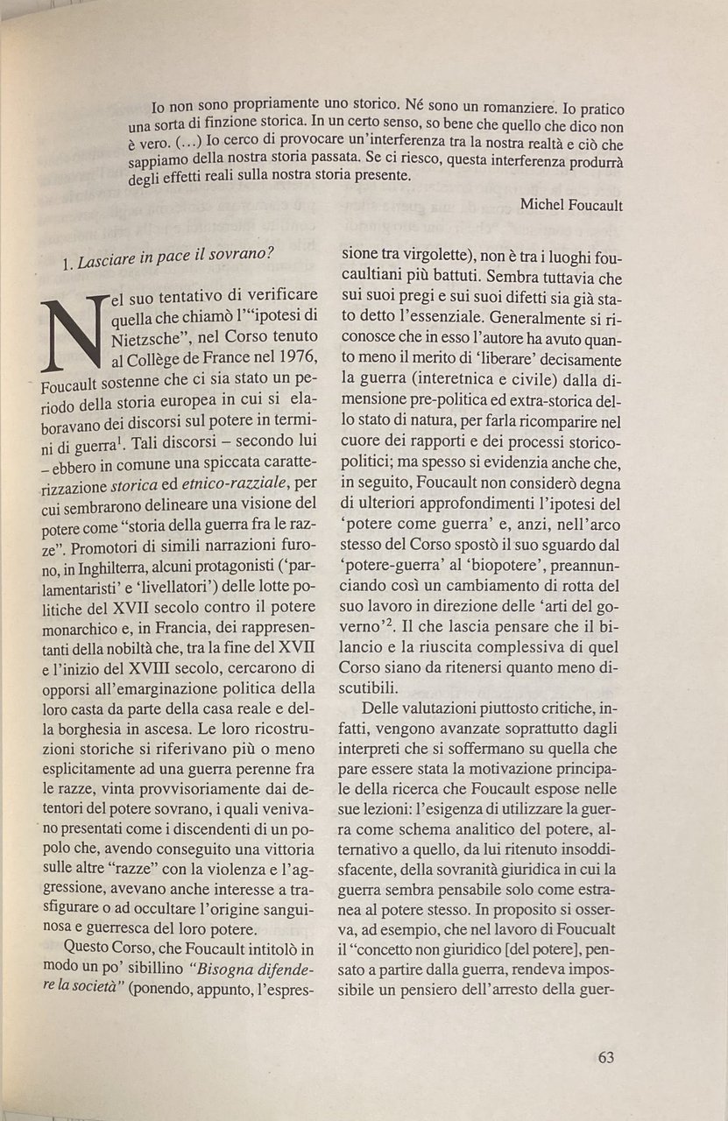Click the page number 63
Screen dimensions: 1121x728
click(605, 1056)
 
